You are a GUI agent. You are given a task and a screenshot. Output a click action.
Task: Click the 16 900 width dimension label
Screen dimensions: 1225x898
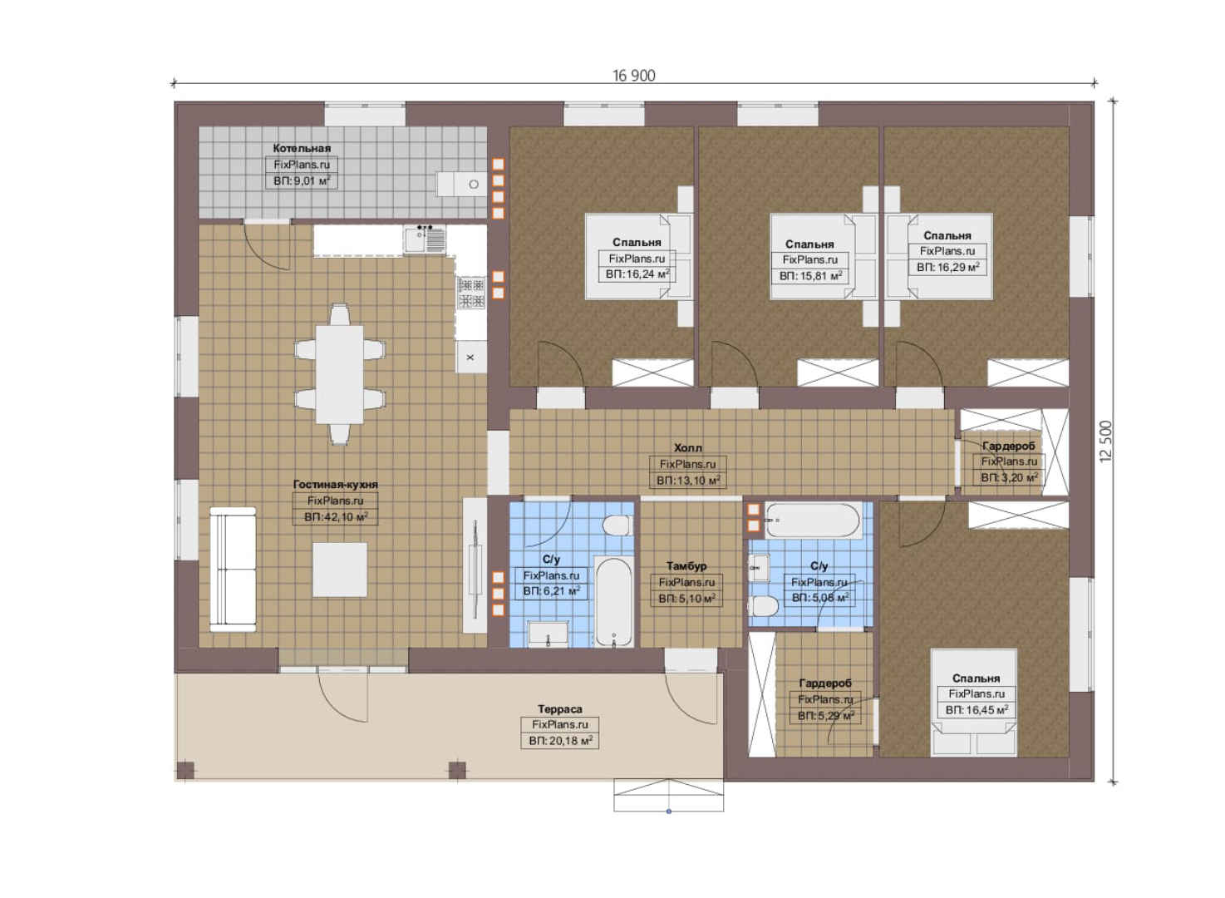point(634,76)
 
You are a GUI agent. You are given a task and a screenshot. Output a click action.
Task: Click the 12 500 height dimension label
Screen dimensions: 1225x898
point(1105,441)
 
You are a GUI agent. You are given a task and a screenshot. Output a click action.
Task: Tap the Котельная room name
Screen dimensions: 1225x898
point(302,148)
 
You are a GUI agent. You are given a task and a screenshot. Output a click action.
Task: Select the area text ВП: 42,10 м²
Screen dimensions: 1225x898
point(336,516)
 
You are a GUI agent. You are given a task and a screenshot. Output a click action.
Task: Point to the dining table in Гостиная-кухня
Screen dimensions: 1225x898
point(340,374)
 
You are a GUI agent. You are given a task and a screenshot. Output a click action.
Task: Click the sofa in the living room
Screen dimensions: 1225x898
point(233,570)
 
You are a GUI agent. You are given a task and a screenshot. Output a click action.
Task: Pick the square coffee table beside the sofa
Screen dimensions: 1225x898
point(340,570)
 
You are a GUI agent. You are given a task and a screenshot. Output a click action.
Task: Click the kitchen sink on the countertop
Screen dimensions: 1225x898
point(425,239)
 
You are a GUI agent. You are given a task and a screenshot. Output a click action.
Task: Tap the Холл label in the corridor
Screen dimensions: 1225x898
point(688,447)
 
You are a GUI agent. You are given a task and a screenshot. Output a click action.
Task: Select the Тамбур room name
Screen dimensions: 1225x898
point(686,566)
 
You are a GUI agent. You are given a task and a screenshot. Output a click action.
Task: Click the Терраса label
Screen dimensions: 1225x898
point(560,709)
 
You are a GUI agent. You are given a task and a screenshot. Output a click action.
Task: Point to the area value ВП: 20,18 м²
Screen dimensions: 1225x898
point(560,742)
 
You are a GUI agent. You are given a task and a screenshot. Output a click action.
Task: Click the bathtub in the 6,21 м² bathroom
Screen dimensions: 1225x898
point(613,603)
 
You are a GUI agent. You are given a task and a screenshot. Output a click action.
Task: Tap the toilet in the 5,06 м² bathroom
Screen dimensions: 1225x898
point(765,606)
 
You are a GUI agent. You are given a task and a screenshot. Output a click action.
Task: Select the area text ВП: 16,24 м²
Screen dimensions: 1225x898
point(637,274)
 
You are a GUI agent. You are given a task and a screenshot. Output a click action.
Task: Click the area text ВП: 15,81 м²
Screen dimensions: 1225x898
point(810,276)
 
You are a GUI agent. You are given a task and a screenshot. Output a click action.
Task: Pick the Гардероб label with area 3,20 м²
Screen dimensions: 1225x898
point(1008,446)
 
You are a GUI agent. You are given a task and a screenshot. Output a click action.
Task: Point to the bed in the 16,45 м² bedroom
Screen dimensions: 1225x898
point(974,703)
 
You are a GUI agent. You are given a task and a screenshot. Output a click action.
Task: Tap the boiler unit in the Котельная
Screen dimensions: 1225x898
point(461,184)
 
